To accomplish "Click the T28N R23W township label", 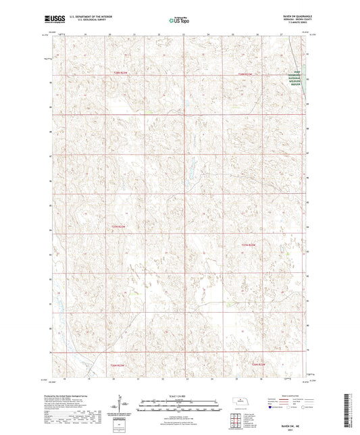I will click(x=120, y=73).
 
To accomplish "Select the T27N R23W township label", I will click(x=118, y=226).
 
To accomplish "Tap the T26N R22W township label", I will click(x=259, y=364).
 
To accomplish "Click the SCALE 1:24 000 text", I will click(x=179, y=396).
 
